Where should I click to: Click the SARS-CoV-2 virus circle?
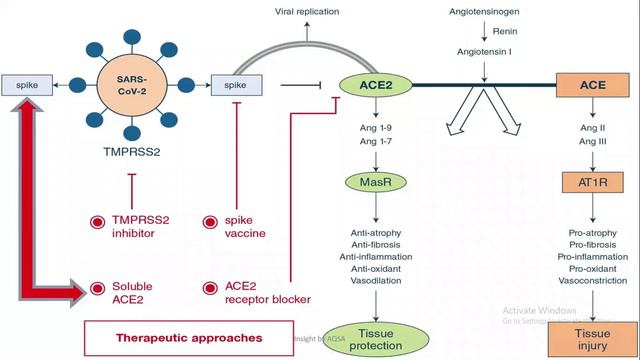[x=131, y=86]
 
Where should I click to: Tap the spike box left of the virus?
[x=27, y=87]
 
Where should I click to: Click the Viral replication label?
[x=307, y=11]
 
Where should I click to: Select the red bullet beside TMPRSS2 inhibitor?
[x=97, y=222]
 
